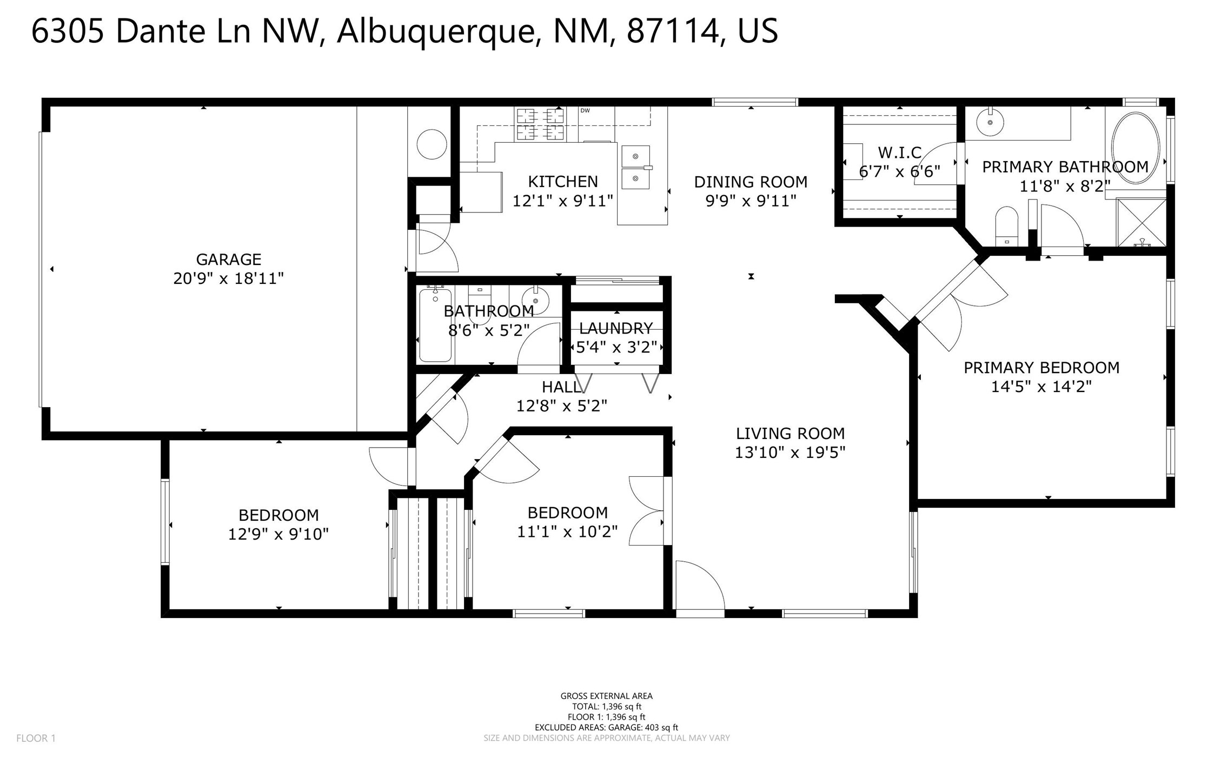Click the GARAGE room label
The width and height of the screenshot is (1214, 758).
[228, 260]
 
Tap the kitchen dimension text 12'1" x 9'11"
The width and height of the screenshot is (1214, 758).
[562, 201]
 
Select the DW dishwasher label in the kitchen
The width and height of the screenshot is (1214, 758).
[585, 110]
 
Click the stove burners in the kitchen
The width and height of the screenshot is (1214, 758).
[540, 124]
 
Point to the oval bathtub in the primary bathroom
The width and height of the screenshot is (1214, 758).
[1135, 148]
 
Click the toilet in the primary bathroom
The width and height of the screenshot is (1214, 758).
[1006, 225]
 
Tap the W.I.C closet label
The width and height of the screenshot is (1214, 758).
[899, 152]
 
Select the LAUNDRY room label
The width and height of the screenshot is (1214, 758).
[616, 328]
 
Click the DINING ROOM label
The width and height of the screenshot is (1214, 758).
[751, 182]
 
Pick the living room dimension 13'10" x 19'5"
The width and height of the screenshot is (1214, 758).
[790, 452]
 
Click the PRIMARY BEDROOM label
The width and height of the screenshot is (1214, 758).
[1041, 368]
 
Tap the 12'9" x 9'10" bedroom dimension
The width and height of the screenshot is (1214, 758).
[278, 534]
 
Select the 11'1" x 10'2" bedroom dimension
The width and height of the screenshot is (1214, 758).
[567, 531]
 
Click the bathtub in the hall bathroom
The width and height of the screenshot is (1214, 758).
[435, 325]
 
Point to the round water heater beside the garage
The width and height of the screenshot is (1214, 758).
[432, 144]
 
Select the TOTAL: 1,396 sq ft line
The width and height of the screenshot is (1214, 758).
[606, 706]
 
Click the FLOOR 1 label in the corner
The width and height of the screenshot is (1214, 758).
[36, 738]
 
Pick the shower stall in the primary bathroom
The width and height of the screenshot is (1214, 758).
[1142, 223]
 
